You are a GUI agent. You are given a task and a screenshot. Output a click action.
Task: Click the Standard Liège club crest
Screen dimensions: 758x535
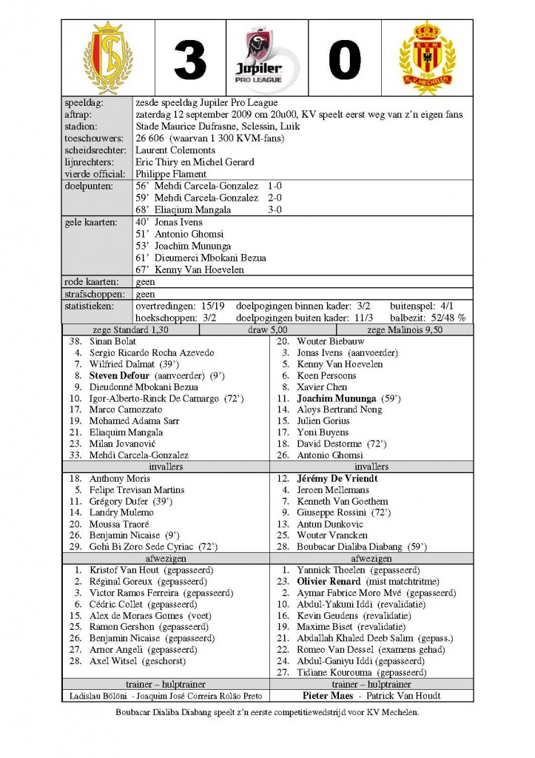pos(108,58)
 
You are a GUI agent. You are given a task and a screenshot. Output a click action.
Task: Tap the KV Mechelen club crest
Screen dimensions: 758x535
pos(427,58)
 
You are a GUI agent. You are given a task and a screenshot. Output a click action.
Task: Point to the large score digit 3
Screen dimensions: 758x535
pos(190,59)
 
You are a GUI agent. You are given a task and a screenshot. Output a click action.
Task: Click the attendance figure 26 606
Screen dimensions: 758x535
pos(153,138)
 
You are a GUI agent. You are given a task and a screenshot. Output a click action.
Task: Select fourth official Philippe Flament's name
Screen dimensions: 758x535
pos(172,174)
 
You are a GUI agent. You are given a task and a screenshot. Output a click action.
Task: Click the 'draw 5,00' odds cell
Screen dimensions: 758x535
pos(268,329)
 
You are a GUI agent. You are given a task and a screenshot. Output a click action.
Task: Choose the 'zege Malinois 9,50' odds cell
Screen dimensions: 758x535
pos(405,329)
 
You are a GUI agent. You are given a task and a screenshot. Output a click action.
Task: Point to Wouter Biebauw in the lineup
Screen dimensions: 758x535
pos(330,341)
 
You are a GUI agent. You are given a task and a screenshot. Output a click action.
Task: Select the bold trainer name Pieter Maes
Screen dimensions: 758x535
pos(331,696)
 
